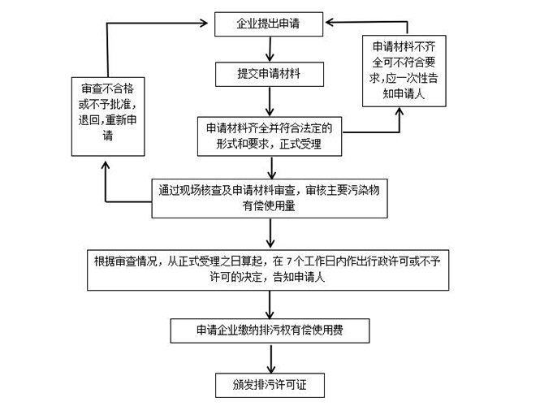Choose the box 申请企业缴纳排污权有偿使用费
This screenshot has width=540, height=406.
pos(269,331)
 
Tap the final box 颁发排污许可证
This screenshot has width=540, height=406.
pos(268,381)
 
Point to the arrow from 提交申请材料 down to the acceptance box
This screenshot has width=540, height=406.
pos(268,101)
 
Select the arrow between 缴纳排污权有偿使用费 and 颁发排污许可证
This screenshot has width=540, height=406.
pos(268,356)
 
